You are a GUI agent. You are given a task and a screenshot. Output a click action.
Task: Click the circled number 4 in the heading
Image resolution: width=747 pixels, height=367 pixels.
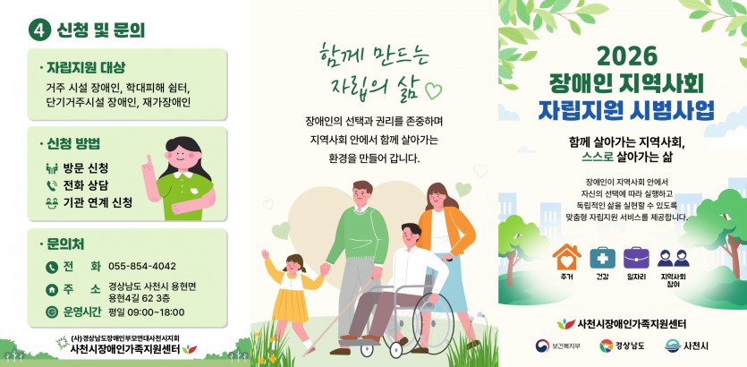[39, 30]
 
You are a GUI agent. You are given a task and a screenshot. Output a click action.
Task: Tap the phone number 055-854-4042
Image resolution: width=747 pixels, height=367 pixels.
[142, 266]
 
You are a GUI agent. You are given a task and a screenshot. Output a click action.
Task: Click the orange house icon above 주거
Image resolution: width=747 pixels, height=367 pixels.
[566, 258]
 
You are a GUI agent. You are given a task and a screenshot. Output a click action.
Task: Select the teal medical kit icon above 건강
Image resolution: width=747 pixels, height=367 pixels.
[602, 258]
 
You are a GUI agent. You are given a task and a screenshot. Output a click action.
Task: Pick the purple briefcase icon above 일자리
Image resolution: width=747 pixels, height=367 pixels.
[636, 258]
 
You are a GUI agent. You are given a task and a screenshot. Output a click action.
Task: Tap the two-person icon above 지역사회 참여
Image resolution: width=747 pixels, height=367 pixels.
[673, 258]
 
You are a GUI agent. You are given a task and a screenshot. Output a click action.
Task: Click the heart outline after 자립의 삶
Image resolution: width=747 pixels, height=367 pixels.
[433, 90]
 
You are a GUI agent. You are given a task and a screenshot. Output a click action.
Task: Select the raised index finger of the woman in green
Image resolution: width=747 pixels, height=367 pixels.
[149, 159]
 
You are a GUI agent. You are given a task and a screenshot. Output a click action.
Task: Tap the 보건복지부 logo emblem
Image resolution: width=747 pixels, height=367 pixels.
[542, 346]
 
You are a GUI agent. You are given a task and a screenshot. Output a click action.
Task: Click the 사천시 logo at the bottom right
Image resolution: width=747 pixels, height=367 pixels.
[686, 346]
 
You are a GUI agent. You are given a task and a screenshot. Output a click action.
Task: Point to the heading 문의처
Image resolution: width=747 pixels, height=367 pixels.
[65, 244]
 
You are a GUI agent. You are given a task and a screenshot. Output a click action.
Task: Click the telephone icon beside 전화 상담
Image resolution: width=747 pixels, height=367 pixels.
[52, 185]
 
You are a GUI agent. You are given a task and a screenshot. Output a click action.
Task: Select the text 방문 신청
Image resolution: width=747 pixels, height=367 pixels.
[86, 167]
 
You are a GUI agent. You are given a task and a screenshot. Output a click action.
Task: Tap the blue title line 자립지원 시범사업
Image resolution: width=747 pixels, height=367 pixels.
[626, 110]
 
